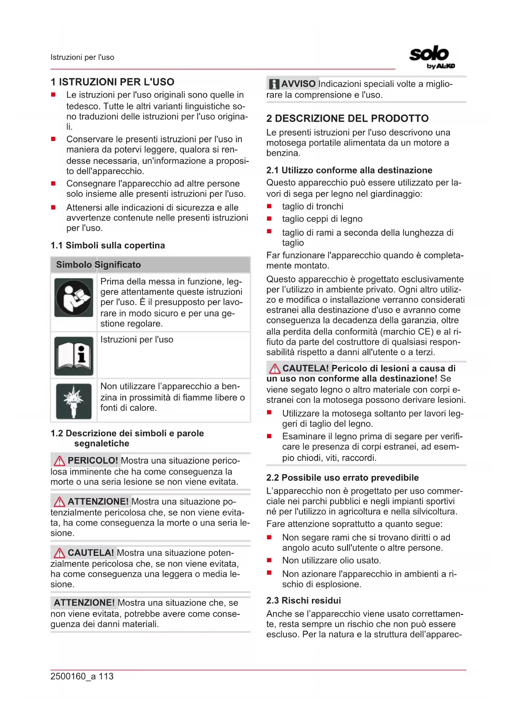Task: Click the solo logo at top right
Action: [431, 57]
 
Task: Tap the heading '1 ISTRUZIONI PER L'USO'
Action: [113, 82]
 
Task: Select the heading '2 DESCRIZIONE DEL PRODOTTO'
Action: [347, 118]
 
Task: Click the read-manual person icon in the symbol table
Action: [74, 297]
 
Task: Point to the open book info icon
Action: [74, 356]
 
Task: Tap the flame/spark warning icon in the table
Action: [74, 401]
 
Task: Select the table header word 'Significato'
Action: [118, 265]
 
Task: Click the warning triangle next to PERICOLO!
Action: [59, 461]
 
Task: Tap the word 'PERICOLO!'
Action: [93, 461]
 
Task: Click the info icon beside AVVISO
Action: [273, 84]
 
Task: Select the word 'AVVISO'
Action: [298, 84]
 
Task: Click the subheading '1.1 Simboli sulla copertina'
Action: [108, 246]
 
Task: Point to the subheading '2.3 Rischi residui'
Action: [303, 601]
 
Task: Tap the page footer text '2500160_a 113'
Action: [82, 676]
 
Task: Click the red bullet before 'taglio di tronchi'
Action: [269, 206]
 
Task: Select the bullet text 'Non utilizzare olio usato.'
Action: [332, 560]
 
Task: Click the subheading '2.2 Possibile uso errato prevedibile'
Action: [342, 478]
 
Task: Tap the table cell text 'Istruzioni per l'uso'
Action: [137, 339]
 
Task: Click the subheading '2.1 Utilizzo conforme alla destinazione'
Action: [349, 170]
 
